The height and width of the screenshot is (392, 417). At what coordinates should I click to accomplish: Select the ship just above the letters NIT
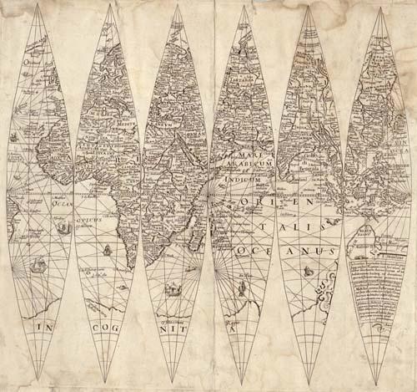pyautogui.click(x=173, y=289)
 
